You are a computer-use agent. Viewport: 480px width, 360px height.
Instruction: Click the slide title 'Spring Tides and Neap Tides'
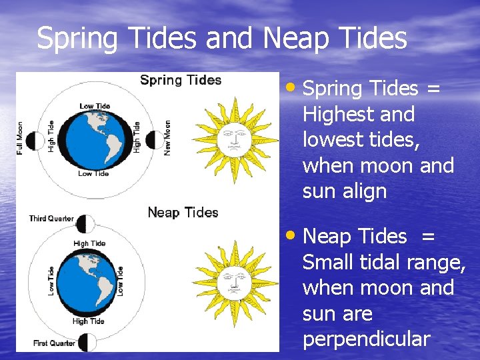[221, 38]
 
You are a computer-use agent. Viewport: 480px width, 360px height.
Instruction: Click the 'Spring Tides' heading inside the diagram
[180, 80]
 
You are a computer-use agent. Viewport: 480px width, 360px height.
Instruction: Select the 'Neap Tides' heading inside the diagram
[183, 213]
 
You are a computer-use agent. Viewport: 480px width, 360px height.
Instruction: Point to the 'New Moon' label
[167, 138]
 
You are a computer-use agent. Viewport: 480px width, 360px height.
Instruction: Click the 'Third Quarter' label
[51, 219]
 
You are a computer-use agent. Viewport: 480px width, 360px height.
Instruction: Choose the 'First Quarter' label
[54, 343]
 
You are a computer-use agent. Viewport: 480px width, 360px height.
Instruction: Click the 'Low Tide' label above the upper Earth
[95, 106]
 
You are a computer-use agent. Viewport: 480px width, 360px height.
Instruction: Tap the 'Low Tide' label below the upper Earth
[93, 173]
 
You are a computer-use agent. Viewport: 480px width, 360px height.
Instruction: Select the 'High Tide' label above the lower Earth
[89, 244]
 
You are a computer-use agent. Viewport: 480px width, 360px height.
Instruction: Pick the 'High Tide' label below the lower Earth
[89, 321]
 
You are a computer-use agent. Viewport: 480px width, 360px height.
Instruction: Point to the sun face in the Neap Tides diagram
[233, 281]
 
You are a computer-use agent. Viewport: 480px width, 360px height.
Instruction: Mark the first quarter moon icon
[87, 342]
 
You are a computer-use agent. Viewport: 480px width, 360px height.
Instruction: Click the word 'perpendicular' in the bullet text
[366, 339]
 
